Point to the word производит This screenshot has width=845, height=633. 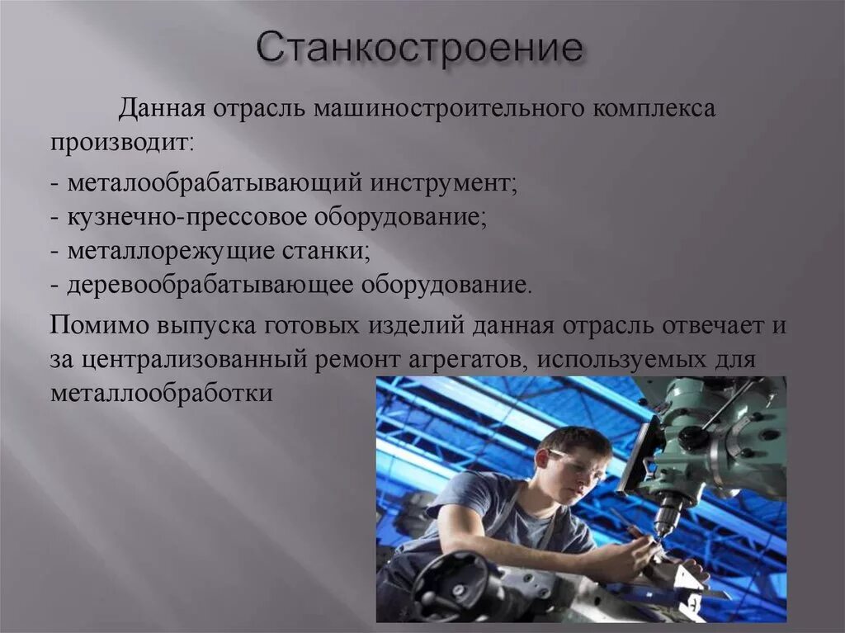pyautogui.click(x=121, y=144)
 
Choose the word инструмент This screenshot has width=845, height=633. pyautogui.click(x=443, y=184)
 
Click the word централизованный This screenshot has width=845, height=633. pyautogui.click(x=193, y=360)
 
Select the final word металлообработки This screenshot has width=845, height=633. pyautogui.click(x=162, y=394)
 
